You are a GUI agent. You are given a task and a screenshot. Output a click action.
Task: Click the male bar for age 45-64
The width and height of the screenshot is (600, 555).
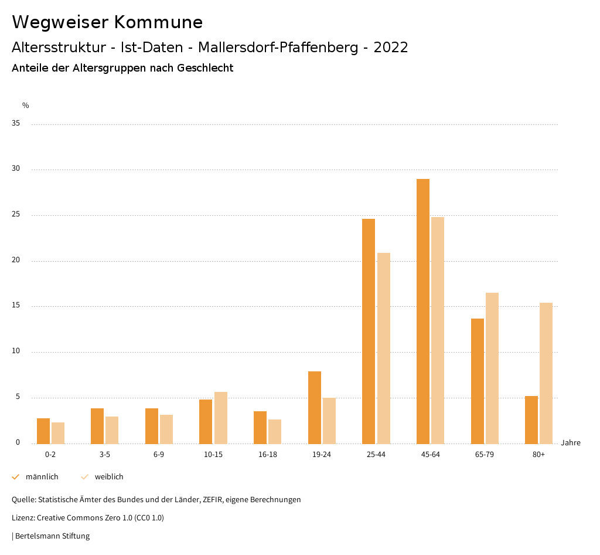click(x=423, y=311)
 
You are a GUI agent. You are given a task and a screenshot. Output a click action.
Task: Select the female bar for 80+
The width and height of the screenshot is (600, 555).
click(x=546, y=373)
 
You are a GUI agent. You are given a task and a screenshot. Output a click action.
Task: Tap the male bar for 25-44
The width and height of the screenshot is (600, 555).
click(x=369, y=331)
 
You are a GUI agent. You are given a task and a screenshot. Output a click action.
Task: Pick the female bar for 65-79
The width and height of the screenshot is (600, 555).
click(x=492, y=368)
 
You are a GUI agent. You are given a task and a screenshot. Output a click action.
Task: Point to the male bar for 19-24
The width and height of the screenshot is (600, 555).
click(x=315, y=407)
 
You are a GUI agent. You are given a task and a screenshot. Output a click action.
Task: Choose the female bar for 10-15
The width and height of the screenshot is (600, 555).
click(x=221, y=418)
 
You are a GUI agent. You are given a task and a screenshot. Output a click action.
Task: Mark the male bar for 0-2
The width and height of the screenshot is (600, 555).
click(x=43, y=431)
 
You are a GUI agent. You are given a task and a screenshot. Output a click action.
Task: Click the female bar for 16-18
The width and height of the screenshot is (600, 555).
click(x=275, y=431)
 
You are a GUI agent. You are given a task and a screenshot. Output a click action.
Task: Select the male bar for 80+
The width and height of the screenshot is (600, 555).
click(x=531, y=419)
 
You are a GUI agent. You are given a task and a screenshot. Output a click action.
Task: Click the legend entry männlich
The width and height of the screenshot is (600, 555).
click(x=42, y=477)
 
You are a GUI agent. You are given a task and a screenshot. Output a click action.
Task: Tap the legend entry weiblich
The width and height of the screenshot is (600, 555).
click(x=109, y=477)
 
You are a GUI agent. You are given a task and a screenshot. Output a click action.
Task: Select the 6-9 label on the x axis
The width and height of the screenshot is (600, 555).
click(x=159, y=455)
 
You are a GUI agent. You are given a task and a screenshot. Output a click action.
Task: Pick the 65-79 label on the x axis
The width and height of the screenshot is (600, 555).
click(x=485, y=455)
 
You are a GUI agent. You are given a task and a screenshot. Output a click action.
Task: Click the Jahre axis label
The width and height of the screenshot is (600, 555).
click(x=571, y=443)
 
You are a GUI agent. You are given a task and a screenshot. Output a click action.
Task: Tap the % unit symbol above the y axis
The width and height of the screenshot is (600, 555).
click(x=26, y=106)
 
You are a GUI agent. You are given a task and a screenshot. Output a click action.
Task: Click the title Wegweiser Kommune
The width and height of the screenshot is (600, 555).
click(x=107, y=22)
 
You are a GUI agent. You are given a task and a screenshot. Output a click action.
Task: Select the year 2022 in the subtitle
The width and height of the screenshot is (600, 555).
click(x=391, y=48)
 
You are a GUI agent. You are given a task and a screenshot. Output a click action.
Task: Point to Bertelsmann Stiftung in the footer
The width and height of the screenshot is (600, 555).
click(x=52, y=536)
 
